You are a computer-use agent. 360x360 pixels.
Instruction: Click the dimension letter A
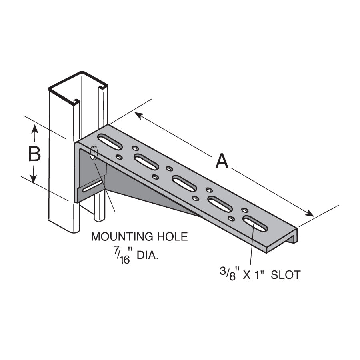(222, 162)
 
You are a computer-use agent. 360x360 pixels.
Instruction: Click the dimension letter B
(35, 154)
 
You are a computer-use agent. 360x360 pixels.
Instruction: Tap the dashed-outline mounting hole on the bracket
(94, 154)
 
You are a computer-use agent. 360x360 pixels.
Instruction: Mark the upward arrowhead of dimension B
(35, 128)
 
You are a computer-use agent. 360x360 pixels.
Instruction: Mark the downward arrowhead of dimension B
(35, 180)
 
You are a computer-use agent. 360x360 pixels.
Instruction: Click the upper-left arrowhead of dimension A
(138, 115)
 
